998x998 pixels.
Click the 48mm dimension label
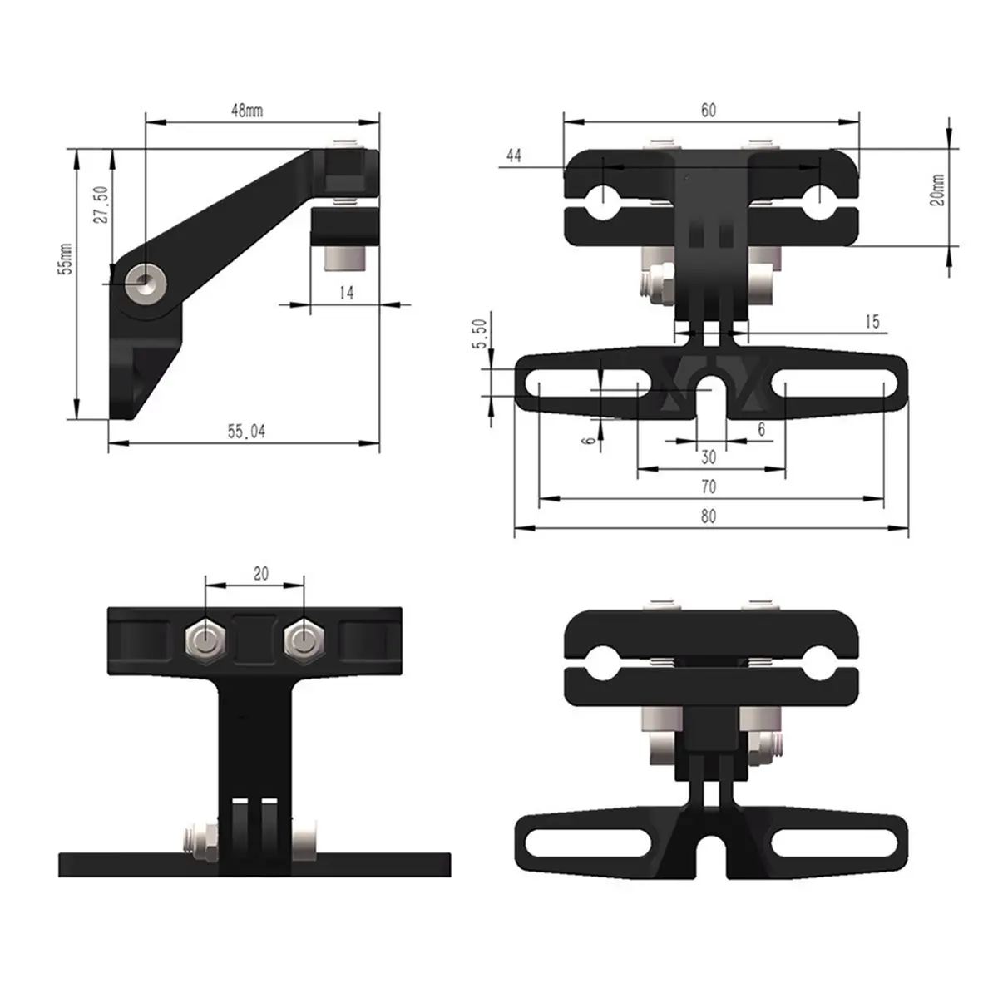point(246,111)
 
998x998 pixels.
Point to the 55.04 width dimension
point(247,432)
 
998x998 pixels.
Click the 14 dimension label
point(346,293)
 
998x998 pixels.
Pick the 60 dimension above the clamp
point(708,110)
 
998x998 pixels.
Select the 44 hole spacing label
point(514,155)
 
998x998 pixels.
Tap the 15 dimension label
point(872,322)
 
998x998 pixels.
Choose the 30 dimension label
point(709,457)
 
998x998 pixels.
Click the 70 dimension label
point(709,487)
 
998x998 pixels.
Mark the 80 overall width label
point(708,516)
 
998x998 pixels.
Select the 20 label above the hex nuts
point(261,574)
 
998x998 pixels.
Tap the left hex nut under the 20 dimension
point(204,638)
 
